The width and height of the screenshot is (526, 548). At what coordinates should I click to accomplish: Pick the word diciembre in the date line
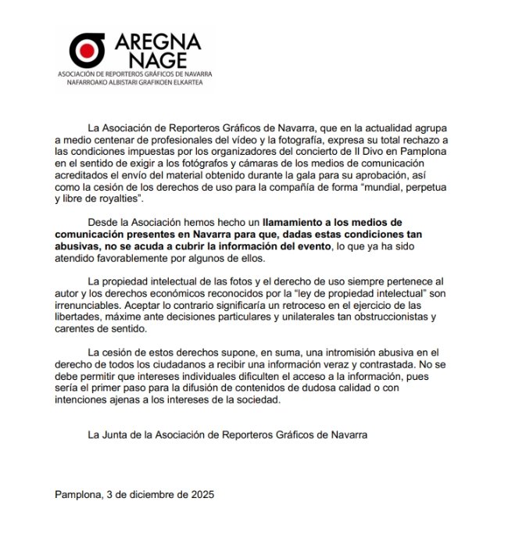152,495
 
